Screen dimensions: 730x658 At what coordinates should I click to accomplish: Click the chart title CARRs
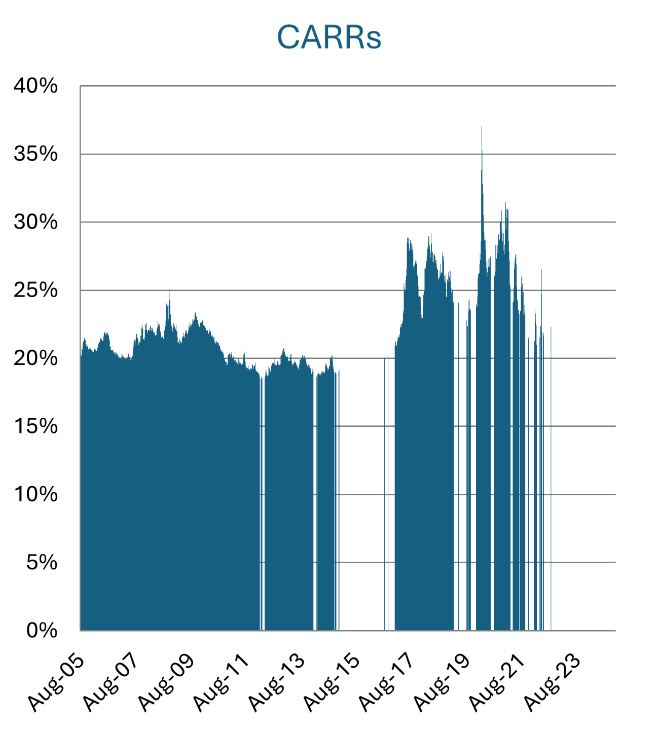click(329, 37)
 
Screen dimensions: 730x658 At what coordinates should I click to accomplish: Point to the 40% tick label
click(35, 86)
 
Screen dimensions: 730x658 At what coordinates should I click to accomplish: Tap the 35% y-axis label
click(35, 154)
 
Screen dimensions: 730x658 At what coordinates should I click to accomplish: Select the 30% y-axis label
click(35, 222)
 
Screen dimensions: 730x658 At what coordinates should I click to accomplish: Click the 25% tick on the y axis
click(35, 290)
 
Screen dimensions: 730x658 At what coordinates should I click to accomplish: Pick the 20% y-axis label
click(35, 358)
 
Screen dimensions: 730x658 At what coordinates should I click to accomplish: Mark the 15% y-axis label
click(35, 426)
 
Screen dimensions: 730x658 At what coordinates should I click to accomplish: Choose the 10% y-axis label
click(35, 494)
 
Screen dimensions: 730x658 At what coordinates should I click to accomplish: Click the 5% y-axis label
click(42, 562)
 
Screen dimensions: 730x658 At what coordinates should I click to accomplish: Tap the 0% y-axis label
click(42, 631)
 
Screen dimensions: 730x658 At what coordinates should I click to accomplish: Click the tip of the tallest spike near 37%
click(482, 127)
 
